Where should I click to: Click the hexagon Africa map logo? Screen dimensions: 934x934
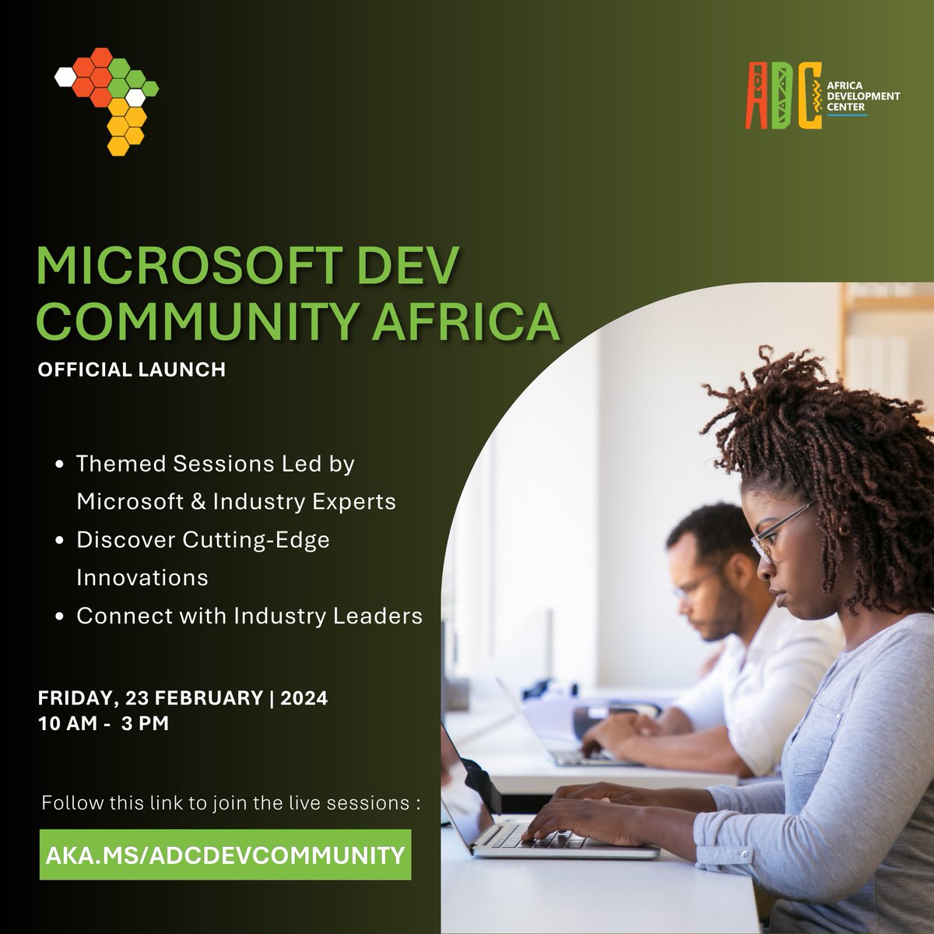pos(107,98)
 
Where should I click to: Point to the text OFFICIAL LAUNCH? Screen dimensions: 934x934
pos(132,370)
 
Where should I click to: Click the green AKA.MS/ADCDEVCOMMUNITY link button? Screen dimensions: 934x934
pos(225,855)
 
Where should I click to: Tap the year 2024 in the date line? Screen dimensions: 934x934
pos(303,697)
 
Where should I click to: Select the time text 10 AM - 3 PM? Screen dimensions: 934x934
pos(104,723)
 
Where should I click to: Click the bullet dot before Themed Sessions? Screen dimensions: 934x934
pos(61,465)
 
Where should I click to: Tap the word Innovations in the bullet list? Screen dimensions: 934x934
pos(142,578)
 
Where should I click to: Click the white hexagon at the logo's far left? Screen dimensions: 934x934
pos(65,77)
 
